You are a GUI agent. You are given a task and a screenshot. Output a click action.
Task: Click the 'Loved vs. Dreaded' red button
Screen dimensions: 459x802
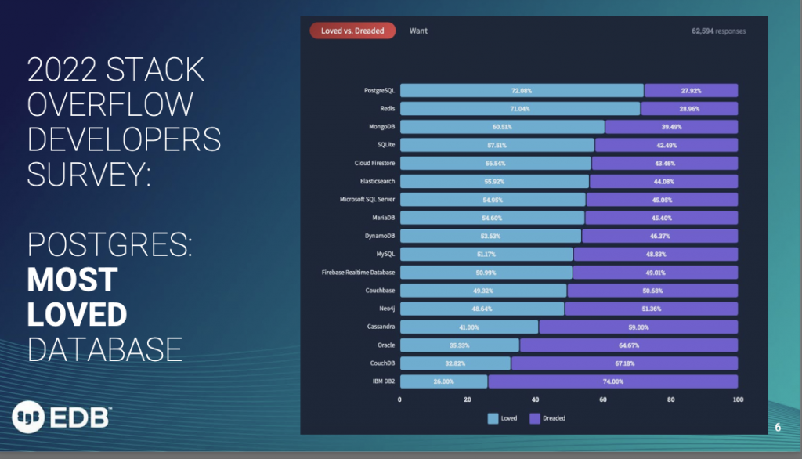[x=352, y=31]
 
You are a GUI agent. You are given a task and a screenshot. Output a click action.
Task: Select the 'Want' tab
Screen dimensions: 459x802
[x=418, y=31]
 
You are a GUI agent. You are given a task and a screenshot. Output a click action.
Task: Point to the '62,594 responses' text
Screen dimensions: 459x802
[x=718, y=31]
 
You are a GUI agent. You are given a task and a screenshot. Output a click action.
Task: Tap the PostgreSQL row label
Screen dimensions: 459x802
[x=380, y=90]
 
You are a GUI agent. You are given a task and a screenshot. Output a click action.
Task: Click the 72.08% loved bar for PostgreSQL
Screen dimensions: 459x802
[x=521, y=90]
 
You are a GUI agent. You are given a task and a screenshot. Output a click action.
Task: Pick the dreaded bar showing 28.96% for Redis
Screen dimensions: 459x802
[x=689, y=109]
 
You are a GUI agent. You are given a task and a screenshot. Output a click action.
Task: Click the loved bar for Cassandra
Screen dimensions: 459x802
[x=469, y=327]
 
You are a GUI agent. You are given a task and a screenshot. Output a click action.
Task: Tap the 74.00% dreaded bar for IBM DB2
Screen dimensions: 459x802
[x=612, y=381]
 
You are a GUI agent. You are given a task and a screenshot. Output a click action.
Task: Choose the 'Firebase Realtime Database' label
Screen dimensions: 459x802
[x=358, y=272]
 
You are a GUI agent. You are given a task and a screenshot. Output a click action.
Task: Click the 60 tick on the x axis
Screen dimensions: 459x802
[x=603, y=399]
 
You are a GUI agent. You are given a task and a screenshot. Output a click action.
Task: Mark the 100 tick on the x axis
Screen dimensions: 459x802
[x=737, y=399]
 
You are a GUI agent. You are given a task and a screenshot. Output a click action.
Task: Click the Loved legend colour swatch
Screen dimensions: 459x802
[x=493, y=418]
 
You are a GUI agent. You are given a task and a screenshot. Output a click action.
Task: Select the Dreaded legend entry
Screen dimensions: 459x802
[x=547, y=418]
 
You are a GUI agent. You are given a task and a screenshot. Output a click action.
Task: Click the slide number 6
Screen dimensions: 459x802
[x=778, y=427]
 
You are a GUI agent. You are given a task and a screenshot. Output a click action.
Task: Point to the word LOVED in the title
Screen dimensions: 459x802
[x=77, y=314]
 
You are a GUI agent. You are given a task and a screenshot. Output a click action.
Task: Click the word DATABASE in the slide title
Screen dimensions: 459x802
[x=105, y=349]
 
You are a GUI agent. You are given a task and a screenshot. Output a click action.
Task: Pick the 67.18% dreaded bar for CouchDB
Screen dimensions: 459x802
[x=624, y=363]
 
